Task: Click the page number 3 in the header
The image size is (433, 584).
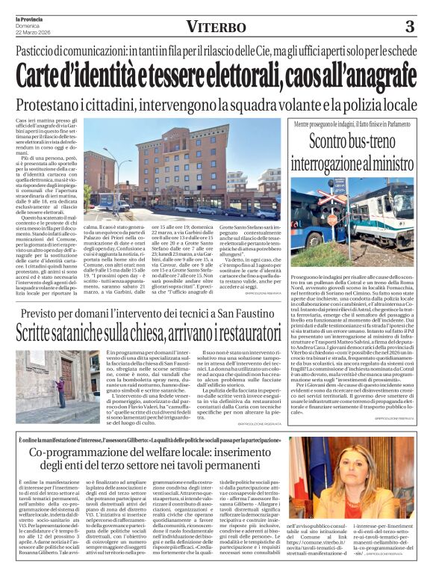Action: point(409,27)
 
